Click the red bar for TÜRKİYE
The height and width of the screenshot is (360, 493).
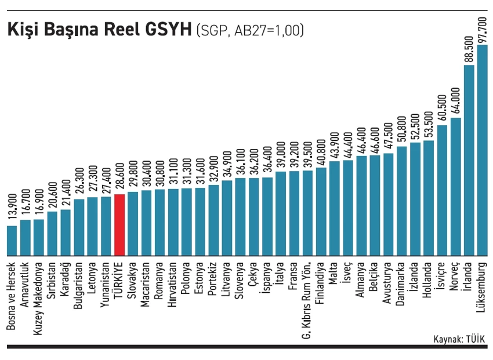[x=119, y=225]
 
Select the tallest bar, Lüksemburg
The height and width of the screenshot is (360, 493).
[x=482, y=151]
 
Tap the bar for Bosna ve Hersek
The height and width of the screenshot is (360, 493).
[x=12, y=241]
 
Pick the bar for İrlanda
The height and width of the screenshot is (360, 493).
[x=469, y=161]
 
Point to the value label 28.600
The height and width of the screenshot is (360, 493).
[x=119, y=177]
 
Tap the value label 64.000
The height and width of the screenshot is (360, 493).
[x=456, y=100]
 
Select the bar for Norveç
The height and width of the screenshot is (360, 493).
[x=456, y=187]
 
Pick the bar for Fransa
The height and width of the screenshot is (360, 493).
[x=294, y=213]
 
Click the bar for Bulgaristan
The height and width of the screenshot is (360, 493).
[x=79, y=227]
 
